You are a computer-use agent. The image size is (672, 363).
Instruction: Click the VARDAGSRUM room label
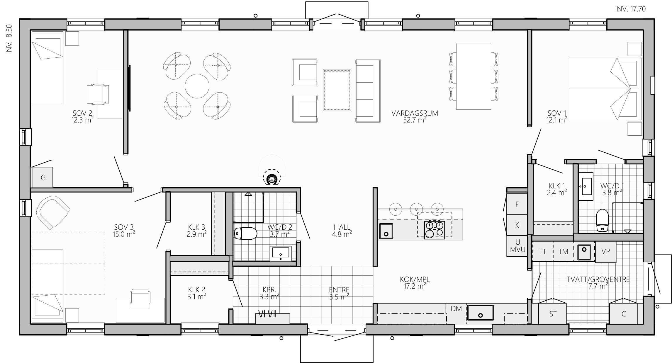pos(415,113)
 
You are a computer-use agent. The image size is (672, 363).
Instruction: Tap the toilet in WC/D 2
pos(246,234)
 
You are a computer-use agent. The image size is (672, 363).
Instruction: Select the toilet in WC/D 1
pos(603,220)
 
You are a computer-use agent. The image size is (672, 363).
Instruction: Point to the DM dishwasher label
pos(456,309)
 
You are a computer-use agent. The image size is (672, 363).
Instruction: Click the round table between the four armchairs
pos(197,86)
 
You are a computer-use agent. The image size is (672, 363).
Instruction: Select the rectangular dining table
pos(474,76)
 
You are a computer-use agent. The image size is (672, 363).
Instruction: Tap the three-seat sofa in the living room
pos(368,91)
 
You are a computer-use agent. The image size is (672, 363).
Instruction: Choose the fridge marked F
pos(517,204)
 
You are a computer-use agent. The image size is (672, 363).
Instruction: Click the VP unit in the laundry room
pos(605,251)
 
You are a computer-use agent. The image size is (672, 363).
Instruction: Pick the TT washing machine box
pos(542,251)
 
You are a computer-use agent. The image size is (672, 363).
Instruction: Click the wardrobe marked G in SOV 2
pos(43,178)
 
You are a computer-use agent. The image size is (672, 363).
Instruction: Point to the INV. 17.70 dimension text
pos(630,9)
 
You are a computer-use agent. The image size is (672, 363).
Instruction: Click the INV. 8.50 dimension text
pos(9,39)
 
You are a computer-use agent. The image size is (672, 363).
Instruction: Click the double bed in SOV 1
pos(604,89)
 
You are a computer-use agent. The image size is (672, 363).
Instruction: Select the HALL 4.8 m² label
pos(342,231)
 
